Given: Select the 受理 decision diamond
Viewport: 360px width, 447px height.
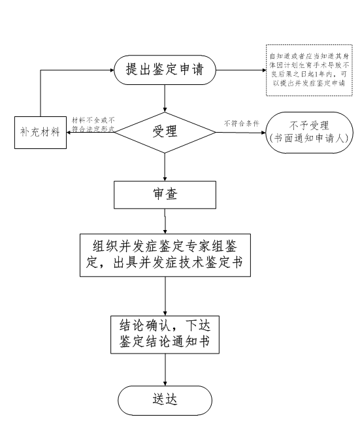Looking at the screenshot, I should point(165,131).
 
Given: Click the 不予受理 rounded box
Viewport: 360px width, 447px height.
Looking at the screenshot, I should point(311,132).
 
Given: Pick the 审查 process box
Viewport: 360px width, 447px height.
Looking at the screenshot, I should point(165,194).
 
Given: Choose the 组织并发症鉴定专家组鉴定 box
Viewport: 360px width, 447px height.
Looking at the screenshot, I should point(165,254).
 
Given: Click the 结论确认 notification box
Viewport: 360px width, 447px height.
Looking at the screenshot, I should point(165,334).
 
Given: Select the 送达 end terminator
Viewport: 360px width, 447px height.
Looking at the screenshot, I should point(165,399).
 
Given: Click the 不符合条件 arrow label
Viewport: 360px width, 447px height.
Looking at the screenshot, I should point(241,123).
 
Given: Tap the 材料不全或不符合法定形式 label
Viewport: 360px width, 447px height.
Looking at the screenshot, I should point(93,124).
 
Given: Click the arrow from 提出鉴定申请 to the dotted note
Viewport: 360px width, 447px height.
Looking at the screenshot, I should point(240,69).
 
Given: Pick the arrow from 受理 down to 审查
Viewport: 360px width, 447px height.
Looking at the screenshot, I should point(165,167).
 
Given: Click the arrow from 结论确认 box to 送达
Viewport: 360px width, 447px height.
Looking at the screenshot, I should point(165,369).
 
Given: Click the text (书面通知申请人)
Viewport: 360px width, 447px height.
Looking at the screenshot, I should point(311,139).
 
